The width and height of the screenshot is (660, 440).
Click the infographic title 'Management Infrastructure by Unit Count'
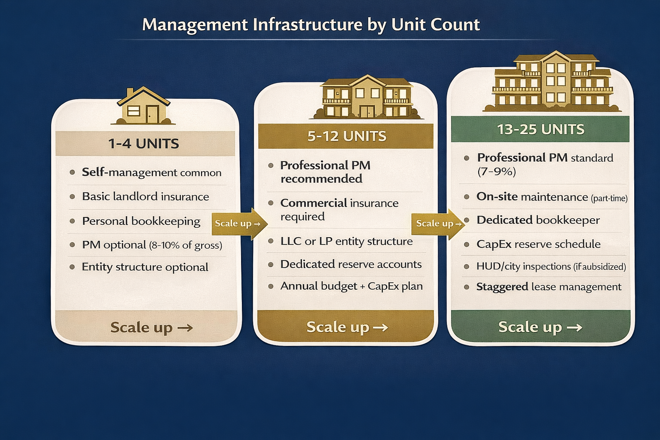(x=311, y=25)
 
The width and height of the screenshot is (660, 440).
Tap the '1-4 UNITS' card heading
(x=144, y=144)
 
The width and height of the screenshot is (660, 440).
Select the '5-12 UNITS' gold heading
(x=346, y=136)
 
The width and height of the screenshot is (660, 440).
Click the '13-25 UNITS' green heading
(x=541, y=129)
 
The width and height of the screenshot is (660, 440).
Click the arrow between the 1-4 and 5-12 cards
(x=239, y=223)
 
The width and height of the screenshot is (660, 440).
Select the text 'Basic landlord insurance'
(x=145, y=197)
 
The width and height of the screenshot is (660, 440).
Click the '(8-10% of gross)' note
(x=186, y=245)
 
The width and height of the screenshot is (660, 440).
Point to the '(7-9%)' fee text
(x=496, y=171)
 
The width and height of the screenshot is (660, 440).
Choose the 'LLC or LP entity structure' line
(x=346, y=241)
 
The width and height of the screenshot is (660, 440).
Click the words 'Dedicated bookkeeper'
(x=538, y=220)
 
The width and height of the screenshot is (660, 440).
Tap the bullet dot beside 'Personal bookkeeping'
(x=72, y=221)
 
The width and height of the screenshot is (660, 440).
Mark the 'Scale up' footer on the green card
(x=540, y=327)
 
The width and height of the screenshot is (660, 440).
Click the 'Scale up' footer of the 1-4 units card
(x=151, y=327)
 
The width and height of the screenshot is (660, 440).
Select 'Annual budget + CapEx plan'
(x=351, y=286)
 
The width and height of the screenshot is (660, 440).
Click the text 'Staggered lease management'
(x=549, y=287)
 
